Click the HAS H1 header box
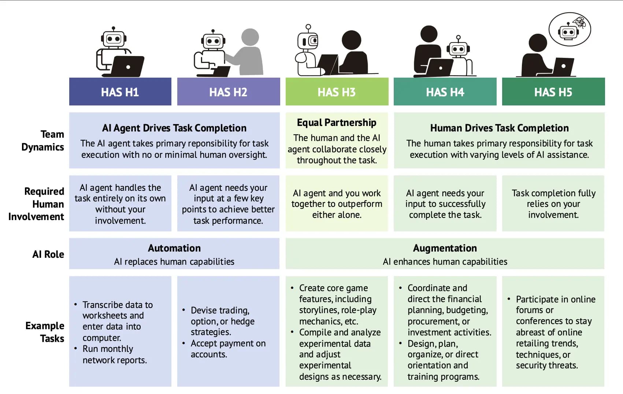(120, 92)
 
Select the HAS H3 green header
(337, 92)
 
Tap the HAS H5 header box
(553, 92)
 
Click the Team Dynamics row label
(43, 141)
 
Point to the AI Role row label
(48, 254)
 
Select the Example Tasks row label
(45, 332)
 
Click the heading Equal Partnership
(337, 122)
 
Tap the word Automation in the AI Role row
(174, 248)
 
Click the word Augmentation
(445, 248)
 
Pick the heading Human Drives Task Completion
(499, 128)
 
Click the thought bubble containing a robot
(570, 29)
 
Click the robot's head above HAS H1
(114, 38)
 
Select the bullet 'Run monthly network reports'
(114, 354)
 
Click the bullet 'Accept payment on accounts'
(228, 349)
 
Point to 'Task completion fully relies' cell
(553, 204)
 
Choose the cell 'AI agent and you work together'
(337, 204)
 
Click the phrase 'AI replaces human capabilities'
(174, 261)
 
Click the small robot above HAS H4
(459, 49)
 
